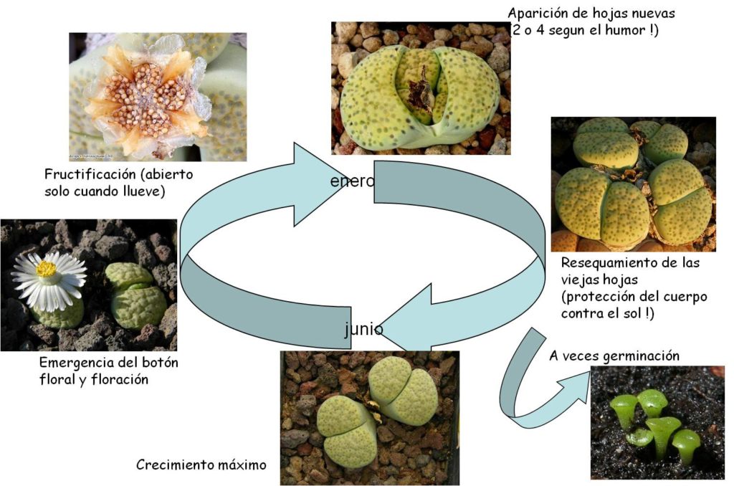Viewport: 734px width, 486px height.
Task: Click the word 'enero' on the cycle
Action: [353, 181]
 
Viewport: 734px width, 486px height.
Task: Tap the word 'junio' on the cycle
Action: [363, 329]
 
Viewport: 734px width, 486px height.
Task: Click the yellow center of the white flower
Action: [46, 269]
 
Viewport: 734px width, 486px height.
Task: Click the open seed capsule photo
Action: [158, 97]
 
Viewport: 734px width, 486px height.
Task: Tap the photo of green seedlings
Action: [657, 423]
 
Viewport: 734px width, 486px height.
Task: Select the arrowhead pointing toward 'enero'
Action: [320, 184]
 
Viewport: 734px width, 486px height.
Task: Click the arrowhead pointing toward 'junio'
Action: [406, 318]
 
